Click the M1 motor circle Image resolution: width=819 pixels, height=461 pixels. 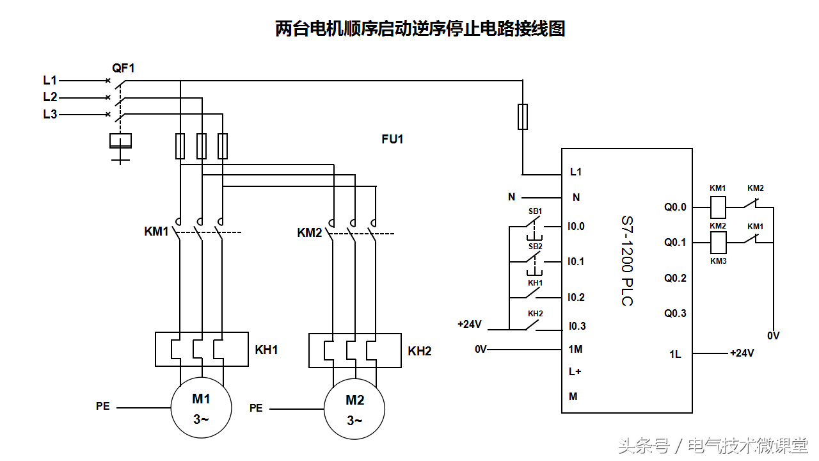201,408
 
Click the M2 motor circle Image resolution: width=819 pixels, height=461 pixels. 354,408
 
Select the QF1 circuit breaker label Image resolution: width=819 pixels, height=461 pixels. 123,67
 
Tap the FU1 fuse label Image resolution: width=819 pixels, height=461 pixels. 392,139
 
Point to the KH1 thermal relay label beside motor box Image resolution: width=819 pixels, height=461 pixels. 266,350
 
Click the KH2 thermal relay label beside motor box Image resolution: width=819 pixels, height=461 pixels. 420,351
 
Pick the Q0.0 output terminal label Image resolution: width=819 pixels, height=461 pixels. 675,207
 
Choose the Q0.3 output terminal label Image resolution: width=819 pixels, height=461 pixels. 675,313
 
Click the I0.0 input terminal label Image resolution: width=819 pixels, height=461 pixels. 576,226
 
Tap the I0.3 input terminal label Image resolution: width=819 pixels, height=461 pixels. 576,326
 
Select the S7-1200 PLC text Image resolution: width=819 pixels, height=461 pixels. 627,261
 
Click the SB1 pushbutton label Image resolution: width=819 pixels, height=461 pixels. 535,211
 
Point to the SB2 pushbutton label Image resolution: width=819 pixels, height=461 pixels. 535,246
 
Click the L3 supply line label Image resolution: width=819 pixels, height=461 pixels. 50,115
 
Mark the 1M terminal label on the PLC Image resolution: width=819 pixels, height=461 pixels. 575,349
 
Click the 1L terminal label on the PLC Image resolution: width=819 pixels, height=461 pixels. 675,354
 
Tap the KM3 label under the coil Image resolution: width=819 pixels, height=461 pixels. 718,261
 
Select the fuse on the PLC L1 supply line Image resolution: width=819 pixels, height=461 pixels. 523,117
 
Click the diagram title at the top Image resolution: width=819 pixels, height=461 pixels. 420,29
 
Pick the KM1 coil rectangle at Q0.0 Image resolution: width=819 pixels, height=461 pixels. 718,207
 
